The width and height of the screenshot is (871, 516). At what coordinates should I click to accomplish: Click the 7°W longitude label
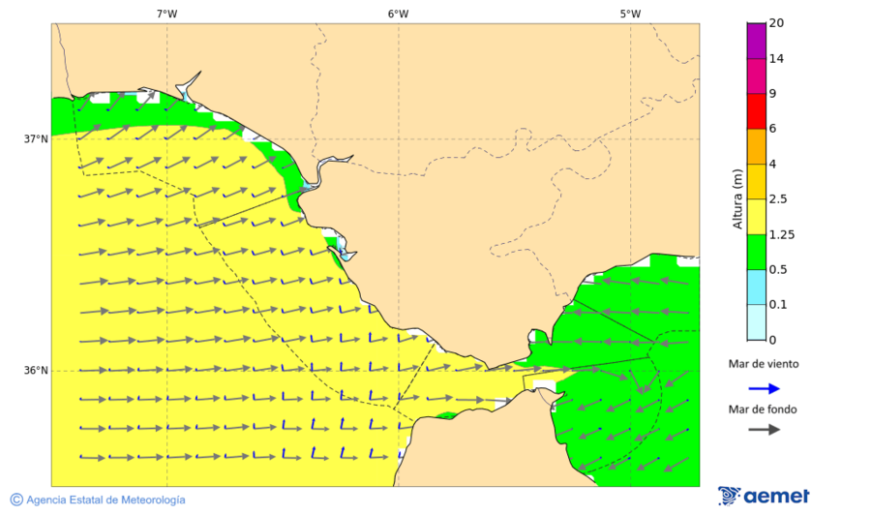tap(166, 14)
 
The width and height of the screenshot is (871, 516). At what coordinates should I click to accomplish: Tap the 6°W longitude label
tap(398, 14)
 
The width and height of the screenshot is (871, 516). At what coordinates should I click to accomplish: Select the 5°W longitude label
tap(630, 14)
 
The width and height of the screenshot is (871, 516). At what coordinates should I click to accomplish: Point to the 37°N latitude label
tap(36, 138)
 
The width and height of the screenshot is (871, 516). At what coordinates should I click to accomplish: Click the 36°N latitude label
tap(36, 370)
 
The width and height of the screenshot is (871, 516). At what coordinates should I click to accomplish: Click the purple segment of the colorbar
tap(756, 40)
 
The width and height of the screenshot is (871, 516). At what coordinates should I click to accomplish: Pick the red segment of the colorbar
tap(756, 110)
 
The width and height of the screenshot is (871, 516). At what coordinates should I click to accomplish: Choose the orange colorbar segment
tap(756, 145)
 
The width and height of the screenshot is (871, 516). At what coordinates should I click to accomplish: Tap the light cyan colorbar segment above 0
tap(756, 321)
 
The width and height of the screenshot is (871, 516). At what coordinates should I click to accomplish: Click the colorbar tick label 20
tap(776, 23)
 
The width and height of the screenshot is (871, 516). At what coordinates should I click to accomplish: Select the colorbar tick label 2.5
tap(777, 199)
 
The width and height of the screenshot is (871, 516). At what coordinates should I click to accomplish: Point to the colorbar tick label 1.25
tap(780, 234)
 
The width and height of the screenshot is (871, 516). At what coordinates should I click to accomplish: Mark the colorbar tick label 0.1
tap(777, 305)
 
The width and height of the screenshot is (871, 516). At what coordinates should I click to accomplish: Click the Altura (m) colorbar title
tap(737, 198)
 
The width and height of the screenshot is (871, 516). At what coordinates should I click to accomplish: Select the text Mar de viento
tap(764, 364)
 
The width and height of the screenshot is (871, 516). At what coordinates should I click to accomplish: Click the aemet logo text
tap(776, 496)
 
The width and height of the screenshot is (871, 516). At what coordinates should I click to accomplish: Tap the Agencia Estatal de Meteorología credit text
tap(105, 500)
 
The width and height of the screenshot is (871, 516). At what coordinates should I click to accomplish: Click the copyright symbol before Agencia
tap(16, 500)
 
